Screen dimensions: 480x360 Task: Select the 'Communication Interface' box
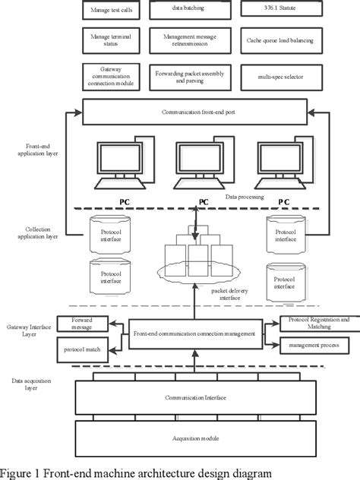[x=196, y=397]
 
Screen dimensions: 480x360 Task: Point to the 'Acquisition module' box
[x=196, y=439]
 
